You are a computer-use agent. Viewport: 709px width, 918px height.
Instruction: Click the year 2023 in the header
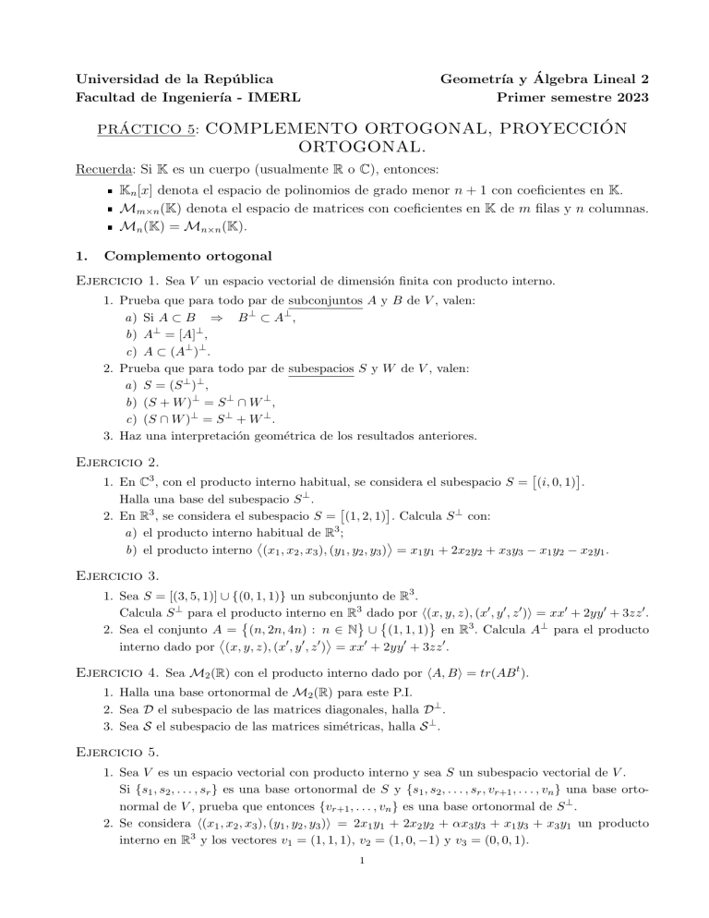(x=631, y=97)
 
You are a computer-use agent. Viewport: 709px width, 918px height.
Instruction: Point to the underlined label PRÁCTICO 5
(x=149, y=129)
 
